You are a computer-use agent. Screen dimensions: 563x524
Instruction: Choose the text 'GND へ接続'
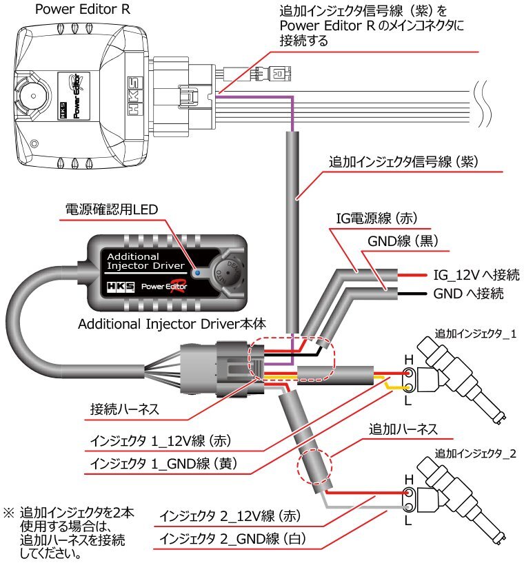click(x=469, y=294)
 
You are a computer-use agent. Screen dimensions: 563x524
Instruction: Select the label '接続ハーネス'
click(x=125, y=409)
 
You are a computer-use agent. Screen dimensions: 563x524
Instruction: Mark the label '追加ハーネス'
click(x=403, y=429)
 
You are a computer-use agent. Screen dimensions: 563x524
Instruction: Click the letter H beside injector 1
click(x=409, y=360)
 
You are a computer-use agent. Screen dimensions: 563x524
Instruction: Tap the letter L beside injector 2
click(x=409, y=522)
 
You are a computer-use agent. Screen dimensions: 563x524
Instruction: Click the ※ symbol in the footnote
click(x=10, y=513)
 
